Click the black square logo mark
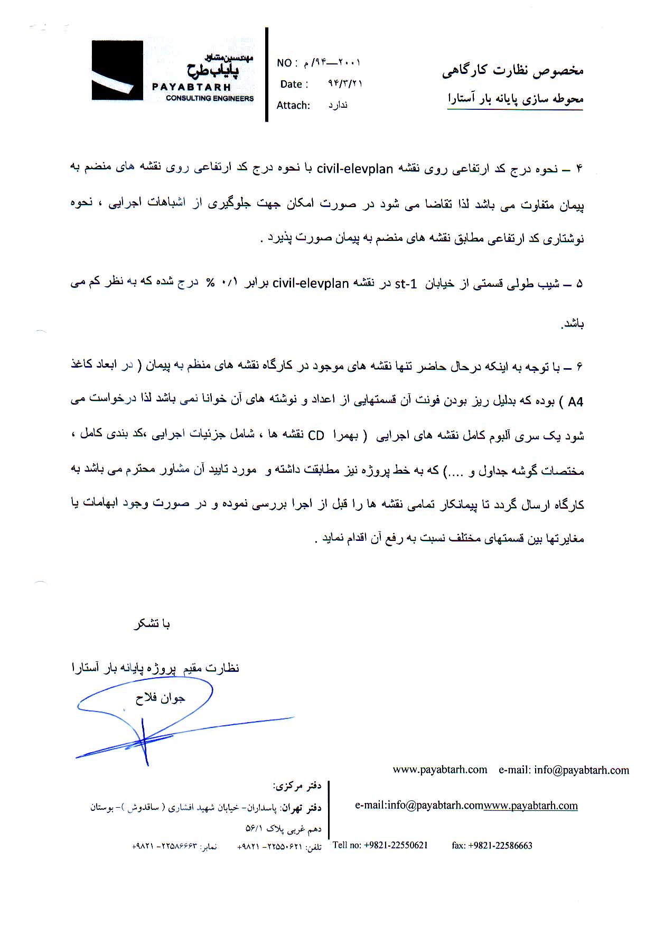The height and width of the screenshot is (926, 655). point(117,70)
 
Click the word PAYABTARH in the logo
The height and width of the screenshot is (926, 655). point(191,87)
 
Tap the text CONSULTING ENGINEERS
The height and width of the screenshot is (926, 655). point(210,98)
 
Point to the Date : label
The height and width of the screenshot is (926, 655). point(294,84)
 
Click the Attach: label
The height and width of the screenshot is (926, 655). point(293,105)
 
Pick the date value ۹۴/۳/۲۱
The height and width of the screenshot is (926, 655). point(345,83)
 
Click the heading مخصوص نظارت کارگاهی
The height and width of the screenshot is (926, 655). point(512,71)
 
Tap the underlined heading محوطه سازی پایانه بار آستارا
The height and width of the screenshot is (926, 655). point(516,98)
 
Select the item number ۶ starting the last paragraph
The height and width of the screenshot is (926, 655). point(579,367)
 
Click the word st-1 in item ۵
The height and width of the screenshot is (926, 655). point(406,284)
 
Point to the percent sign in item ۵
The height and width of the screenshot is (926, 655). point(210,283)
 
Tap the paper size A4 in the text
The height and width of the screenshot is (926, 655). point(575,402)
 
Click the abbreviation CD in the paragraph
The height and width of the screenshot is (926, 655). point(316,436)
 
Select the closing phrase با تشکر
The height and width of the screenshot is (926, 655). point(152,624)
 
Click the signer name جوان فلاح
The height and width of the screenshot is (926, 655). point(160,698)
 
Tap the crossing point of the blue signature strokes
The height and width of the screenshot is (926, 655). point(143,741)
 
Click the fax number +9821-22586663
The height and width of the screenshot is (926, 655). point(492,845)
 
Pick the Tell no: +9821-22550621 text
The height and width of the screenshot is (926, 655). point(380,845)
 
